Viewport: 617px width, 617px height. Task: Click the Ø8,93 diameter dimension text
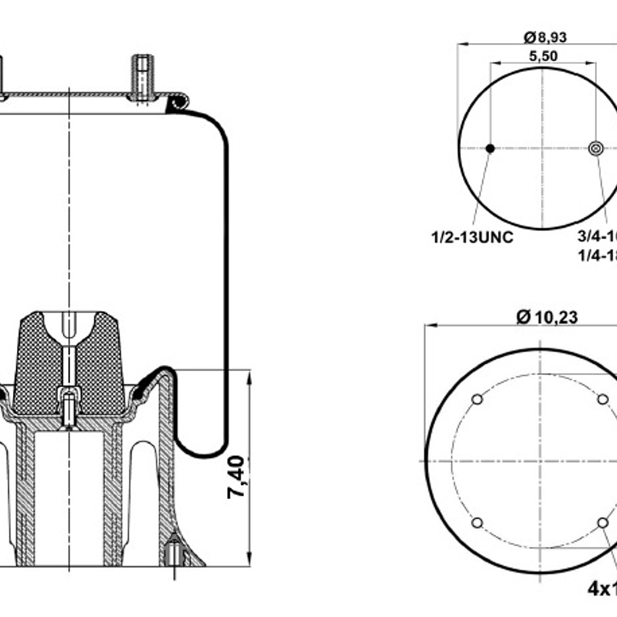(x=545, y=37)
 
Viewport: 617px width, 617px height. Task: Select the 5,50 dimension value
(x=543, y=55)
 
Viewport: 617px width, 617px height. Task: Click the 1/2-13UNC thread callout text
(x=472, y=237)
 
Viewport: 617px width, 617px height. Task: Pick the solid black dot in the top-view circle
(x=490, y=148)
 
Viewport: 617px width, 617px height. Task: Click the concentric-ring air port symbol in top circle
(x=595, y=148)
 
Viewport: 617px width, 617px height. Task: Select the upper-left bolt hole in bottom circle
(x=477, y=399)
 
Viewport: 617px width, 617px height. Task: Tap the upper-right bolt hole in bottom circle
(x=602, y=399)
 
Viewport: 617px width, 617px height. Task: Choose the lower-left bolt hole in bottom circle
(x=477, y=523)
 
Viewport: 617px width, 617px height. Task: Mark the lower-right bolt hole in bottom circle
(x=602, y=523)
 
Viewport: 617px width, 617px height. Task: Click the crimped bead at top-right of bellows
(x=178, y=102)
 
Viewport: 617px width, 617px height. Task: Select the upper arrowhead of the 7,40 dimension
(x=250, y=377)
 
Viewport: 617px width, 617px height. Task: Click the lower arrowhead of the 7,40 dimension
(x=250, y=560)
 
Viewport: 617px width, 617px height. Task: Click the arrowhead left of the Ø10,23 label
(x=431, y=326)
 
